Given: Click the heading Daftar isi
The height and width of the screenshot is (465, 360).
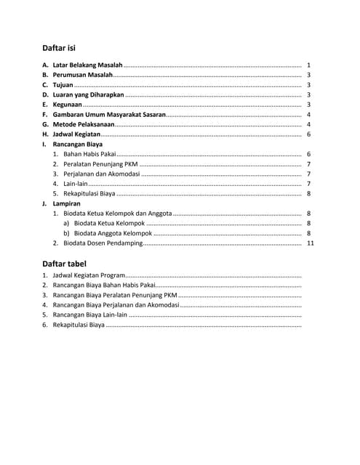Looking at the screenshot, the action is click(x=59, y=48).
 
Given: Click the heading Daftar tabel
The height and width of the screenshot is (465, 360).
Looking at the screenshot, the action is click(x=65, y=264).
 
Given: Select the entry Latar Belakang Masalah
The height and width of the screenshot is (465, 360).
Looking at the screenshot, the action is click(x=87, y=65).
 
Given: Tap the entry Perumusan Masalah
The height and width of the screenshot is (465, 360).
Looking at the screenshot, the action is click(x=82, y=75).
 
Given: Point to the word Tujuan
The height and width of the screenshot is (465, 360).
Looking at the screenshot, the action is click(x=63, y=85).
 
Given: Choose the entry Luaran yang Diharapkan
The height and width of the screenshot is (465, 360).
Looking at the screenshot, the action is click(x=89, y=95).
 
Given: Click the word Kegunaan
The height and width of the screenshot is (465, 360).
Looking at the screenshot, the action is click(x=67, y=105).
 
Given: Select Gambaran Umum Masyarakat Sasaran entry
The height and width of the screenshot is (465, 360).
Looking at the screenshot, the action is click(x=109, y=115).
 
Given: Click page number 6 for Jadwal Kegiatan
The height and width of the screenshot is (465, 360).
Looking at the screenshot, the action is click(x=309, y=135).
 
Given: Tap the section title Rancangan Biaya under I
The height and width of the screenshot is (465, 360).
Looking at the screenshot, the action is click(x=77, y=145).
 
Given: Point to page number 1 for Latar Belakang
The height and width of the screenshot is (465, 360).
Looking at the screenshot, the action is click(x=309, y=65).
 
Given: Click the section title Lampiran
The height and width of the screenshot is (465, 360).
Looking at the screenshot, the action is click(x=66, y=204).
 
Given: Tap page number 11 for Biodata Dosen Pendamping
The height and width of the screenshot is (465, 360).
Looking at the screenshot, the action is click(x=310, y=243).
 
